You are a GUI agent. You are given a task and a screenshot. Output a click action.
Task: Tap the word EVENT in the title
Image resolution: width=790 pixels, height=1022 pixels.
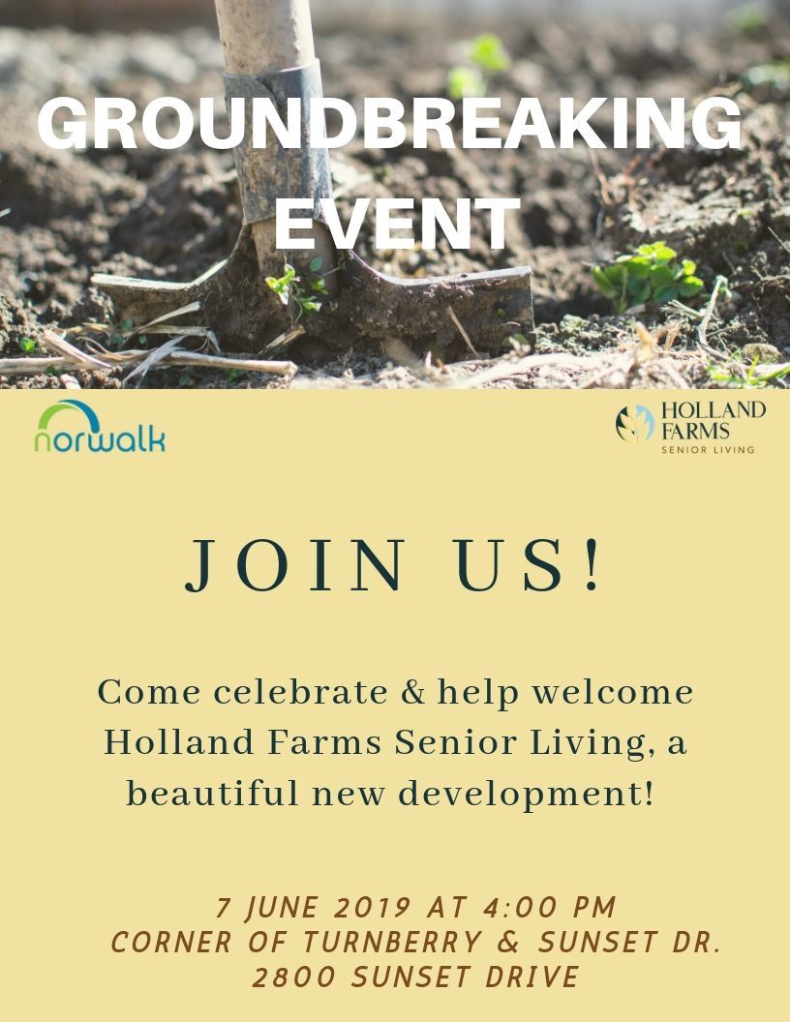(x=395, y=224)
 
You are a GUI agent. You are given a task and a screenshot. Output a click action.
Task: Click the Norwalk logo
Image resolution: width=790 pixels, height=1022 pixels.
(x=100, y=428)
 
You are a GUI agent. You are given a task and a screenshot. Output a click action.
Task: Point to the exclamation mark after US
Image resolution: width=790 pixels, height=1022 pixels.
(x=592, y=565)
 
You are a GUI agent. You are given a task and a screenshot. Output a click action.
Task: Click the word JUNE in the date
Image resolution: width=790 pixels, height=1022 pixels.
(x=286, y=908)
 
